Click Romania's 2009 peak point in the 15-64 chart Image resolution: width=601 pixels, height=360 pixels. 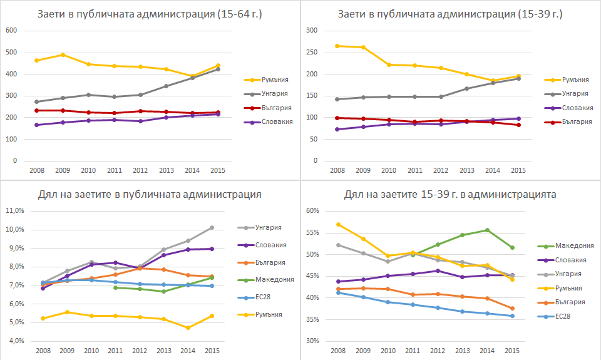click(63, 54)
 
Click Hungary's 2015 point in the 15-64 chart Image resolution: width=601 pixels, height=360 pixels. click(217, 69)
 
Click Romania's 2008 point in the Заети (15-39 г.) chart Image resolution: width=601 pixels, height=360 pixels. click(337, 46)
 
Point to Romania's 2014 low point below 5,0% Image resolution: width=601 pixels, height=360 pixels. click(188, 327)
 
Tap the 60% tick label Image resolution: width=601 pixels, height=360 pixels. click(313, 211)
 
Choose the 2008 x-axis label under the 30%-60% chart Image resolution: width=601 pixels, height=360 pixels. click(338, 351)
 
